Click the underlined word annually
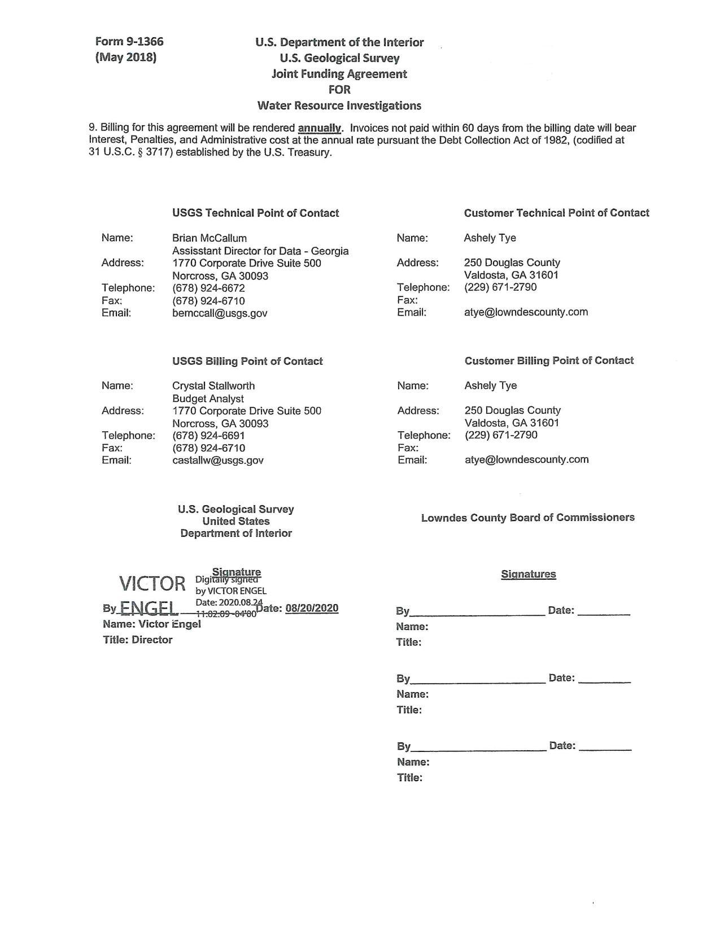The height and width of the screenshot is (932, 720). coord(320,128)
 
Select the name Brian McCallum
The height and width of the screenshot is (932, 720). coord(210,238)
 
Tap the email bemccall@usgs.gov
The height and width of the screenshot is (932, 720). coord(220,313)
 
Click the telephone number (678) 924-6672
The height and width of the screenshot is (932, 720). coord(208,288)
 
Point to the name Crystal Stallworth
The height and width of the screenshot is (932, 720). coord(213,386)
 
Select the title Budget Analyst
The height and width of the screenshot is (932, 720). coord(208,399)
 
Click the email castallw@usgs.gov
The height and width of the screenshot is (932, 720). coord(218,460)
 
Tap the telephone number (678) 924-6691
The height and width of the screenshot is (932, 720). coord(208,435)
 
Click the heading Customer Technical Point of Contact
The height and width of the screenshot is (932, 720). coord(556,213)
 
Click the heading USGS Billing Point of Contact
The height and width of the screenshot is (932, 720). coord(247,361)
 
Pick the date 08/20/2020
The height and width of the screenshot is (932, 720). coord(312,608)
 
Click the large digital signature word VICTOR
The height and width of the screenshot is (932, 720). coord(152,584)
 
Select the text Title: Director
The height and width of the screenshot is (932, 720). coord(138,640)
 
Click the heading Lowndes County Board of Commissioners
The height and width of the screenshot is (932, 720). coord(527,518)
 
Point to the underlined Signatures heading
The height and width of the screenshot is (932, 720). coord(528,574)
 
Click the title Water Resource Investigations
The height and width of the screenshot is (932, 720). coord(339,106)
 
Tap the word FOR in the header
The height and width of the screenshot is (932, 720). coord(339,89)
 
